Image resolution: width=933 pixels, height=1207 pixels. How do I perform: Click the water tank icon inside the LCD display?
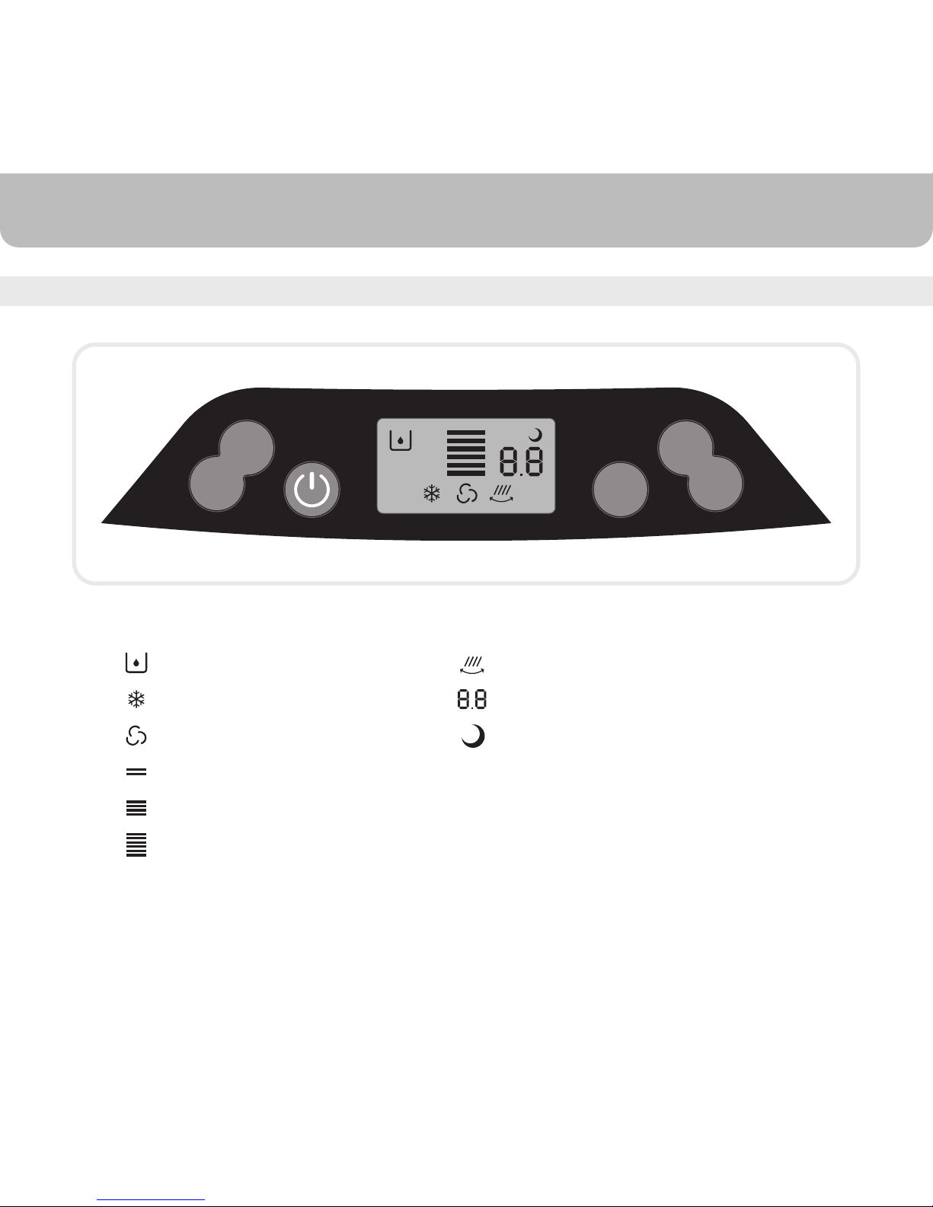[x=400, y=440]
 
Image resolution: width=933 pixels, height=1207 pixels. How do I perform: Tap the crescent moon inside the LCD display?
[x=536, y=435]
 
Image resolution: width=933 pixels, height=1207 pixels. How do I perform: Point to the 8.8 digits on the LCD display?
[x=521, y=461]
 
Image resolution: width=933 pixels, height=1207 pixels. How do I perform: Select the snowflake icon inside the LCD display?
[x=432, y=493]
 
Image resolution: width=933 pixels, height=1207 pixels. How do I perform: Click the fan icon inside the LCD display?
[x=466, y=493]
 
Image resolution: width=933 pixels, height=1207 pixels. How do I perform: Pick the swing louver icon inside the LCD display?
[x=501, y=493]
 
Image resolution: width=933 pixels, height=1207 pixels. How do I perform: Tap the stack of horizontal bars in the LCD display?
[x=466, y=452]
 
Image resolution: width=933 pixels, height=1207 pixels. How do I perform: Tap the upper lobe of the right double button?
[x=686, y=447]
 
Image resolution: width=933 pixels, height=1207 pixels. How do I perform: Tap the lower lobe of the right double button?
[x=715, y=484]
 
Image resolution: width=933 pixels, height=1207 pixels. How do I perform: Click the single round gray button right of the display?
[x=620, y=490]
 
